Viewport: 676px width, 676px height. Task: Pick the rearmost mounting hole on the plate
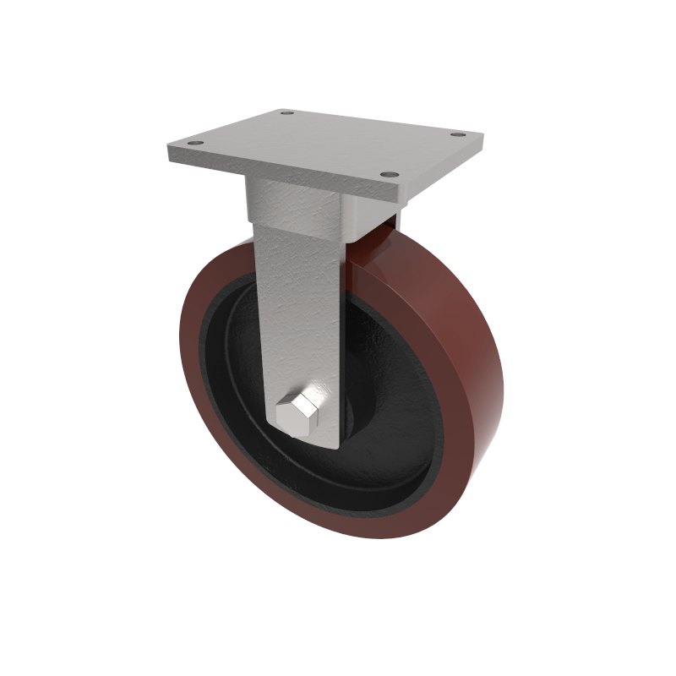point(286,112)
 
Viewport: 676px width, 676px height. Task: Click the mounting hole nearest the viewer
point(389,175)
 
